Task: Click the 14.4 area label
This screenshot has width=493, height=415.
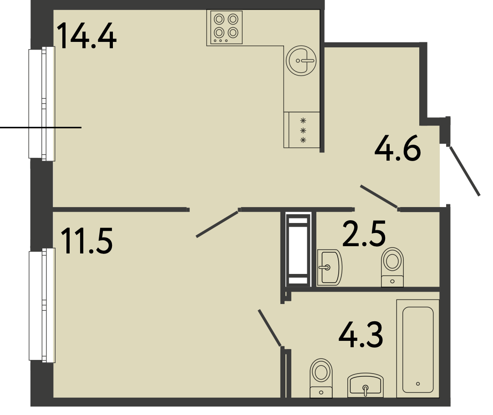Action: [x=87, y=35]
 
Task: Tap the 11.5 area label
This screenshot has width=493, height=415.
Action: [x=87, y=241]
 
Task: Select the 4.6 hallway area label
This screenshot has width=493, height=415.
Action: [x=397, y=148]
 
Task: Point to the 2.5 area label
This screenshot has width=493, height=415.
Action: [x=364, y=233]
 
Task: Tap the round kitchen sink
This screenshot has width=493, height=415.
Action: [x=301, y=61]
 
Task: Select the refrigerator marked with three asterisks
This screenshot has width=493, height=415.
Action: [x=302, y=130]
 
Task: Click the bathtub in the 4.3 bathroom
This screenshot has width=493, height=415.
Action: [x=418, y=349]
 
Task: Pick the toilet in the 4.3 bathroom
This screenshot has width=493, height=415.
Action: [x=321, y=378]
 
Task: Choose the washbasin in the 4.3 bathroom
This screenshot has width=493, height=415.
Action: [x=366, y=385]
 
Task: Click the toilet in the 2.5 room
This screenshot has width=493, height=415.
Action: [x=392, y=267]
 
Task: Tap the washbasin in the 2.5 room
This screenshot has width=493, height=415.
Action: [x=329, y=268]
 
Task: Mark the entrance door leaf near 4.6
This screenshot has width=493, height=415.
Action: [x=465, y=171]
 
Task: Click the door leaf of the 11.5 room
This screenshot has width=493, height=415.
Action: [x=217, y=224]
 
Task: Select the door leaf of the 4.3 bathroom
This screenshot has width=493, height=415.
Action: [x=269, y=328]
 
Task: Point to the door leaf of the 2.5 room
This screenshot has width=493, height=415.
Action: [x=379, y=197]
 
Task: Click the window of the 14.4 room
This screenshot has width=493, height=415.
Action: [x=42, y=104]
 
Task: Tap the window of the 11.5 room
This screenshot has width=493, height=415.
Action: [x=42, y=305]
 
